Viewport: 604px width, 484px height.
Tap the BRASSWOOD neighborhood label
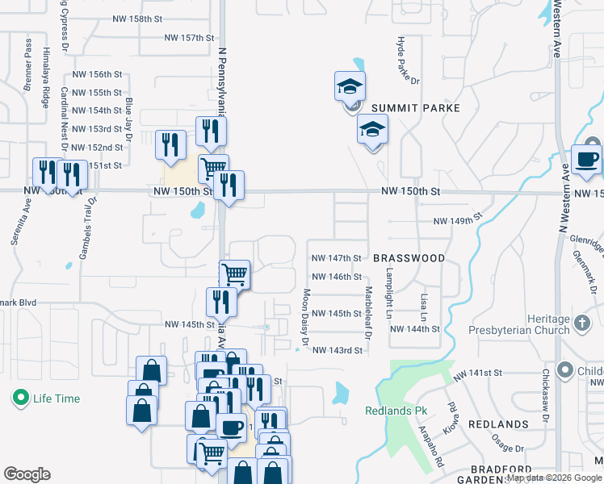pyautogui.click(x=409, y=258)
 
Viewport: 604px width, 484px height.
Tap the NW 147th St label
pyautogui.click(x=335, y=258)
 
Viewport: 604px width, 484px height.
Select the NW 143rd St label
pyautogui.click(x=338, y=350)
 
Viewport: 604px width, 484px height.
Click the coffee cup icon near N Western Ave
pyautogui.click(x=587, y=159)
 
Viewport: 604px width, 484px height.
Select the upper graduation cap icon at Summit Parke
pyautogui.click(x=350, y=86)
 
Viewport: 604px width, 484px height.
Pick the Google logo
pyautogui.click(x=27, y=474)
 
